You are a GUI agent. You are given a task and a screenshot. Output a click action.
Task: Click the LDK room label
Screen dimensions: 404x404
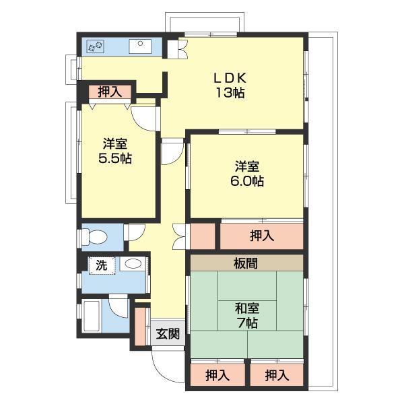[x=230, y=78]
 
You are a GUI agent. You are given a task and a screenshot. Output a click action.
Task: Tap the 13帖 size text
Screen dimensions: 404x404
[x=230, y=92]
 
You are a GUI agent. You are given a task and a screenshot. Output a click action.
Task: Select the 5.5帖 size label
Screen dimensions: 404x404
[x=115, y=158]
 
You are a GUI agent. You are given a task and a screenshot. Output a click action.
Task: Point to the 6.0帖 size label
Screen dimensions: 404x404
[x=247, y=181]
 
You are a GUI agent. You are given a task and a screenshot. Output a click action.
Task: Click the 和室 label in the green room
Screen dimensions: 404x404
[x=247, y=308]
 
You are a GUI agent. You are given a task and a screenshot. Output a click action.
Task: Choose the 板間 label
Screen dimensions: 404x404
[x=246, y=263]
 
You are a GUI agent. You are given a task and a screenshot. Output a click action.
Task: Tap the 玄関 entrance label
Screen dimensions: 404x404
[x=168, y=334]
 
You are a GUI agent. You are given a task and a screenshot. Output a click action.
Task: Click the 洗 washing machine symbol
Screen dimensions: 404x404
[x=102, y=265]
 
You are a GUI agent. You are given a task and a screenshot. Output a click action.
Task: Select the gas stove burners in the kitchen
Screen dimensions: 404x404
[x=96, y=46]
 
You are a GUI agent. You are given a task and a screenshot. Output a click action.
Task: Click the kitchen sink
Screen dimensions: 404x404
[x=140, y=46]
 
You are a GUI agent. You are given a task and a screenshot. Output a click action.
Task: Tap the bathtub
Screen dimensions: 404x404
[x=92, y=316]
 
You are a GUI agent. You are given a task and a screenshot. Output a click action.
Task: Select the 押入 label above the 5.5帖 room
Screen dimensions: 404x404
[x=110, y=92]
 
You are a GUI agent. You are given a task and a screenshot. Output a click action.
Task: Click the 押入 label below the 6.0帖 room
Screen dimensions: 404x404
[x=262, y=236]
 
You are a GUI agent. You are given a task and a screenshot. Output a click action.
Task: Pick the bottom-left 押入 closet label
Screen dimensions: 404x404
[x=217, y=375]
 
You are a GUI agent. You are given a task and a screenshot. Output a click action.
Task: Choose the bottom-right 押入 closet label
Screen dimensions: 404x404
[x=277, y=375]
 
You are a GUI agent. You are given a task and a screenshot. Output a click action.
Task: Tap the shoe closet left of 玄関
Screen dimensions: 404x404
[x=140, y=327]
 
